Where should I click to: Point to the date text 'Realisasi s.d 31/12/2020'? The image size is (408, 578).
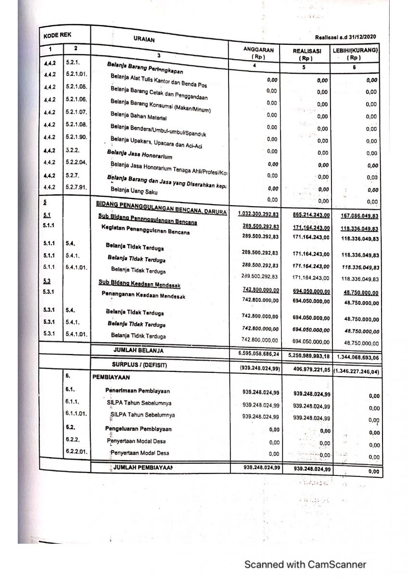point(346,37)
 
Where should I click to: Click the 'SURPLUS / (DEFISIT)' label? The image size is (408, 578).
point(140,365)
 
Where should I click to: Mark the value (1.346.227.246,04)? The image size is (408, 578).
point(356,371)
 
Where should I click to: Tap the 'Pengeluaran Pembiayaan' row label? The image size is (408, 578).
point(139,429)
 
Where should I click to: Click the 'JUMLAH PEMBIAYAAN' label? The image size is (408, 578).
point(142,468)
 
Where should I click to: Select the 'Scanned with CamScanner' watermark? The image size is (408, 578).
point(305,564)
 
